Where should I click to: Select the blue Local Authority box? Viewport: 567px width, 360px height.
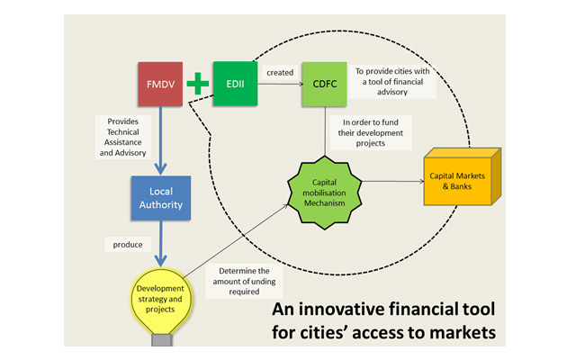pos(161,199)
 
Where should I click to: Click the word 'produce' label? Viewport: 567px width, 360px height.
pos(128,243)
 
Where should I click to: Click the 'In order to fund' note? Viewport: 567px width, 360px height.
pos(370,130)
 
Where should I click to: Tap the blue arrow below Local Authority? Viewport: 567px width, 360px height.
pos(159,243)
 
